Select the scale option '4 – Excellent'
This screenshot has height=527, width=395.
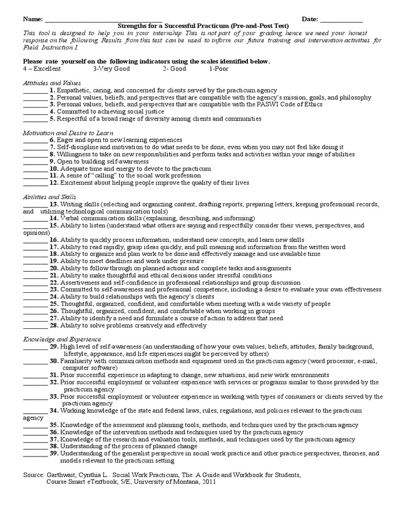(x=42, y=68)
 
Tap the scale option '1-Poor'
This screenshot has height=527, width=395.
(x=220, y=68)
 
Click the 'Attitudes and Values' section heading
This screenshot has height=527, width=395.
(x=51, y=83)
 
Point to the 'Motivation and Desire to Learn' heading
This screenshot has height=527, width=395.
(x=68, y=133)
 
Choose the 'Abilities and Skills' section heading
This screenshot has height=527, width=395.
(x=49, y=197)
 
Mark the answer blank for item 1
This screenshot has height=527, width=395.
(x=35, y=91)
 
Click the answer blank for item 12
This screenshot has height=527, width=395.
(x=35, y=183)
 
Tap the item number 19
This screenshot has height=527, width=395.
(x=54, y=261)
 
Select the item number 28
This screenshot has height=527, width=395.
(x=54, y=325)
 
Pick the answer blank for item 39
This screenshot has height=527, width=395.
(x=35, y=454)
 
